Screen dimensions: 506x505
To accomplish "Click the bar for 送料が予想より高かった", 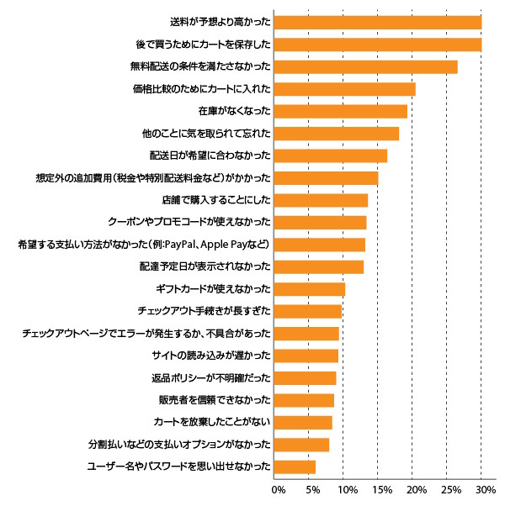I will pyautogui.click(x=378, y=22).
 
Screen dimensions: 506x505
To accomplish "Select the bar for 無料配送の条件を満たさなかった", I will pyautogui.click(x=366, y=66).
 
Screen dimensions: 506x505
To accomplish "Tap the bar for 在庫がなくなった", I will pyautogui.click(x=341, y=111).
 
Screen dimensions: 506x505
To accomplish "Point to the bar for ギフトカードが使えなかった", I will pyautogui.click(x=310, y=289).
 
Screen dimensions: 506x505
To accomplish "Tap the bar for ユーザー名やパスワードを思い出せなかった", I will pyautogui.click(x=295, y=466).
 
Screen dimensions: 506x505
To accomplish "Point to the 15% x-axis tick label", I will pyautogui.click(x=379, y=488).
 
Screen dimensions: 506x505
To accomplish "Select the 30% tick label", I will pyautogui.click(x=483, y=488).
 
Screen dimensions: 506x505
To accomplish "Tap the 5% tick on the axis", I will pyautogui.click(x=310, y=488).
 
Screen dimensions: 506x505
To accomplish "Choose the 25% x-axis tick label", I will pyautogui.click(x=449, y=488).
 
